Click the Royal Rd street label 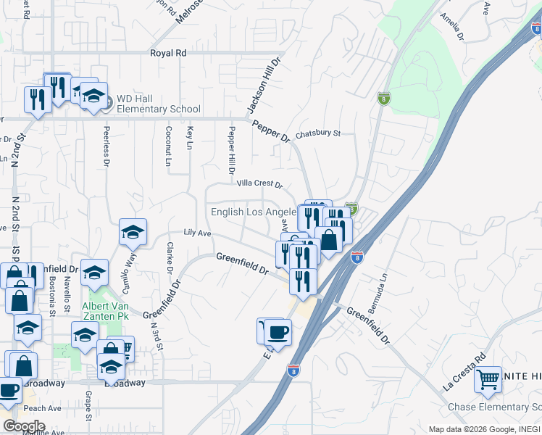click(168, 53)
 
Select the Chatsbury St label click(317, 134)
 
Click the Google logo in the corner click(24, 426)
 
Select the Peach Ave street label click(42, 409)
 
